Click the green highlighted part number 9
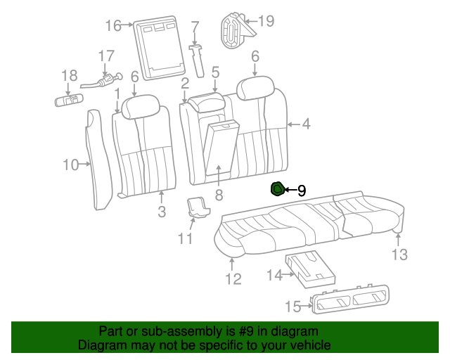(278, 189)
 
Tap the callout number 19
(266, 20)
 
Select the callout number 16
(113, 25)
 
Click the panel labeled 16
(159, 48)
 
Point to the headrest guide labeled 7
(198, 60)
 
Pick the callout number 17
(106, 56)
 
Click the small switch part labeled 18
(69, 100)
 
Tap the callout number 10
(70, 165)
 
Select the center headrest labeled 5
(206, 103)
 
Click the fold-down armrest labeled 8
(220, 148)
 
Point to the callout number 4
(307, 124)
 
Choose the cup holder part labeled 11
(198, 206)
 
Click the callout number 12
(233, 278)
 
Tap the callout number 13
(399, 255)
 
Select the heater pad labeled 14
(310, 269)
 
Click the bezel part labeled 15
(350, 298)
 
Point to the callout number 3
(162, 212)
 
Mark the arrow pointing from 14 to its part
(288, 274)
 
